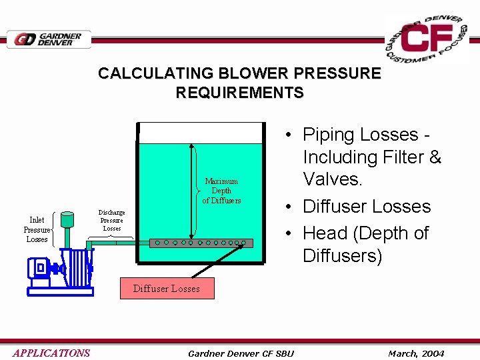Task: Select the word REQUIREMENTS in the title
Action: [x=239, y=93]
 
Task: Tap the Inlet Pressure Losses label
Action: [x=37, y=229]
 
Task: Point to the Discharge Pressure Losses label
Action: [x=112, y=220]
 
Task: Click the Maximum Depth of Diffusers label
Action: [x=221, y=191]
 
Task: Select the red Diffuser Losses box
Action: [x=166, y=288]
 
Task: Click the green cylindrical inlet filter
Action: [x=68, y=220]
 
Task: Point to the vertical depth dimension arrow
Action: [x=193, y=190]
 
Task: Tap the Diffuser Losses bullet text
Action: [x=367, y=207]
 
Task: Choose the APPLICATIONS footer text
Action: [x=51, y=353]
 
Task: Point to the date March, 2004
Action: [x=416, y=353]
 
